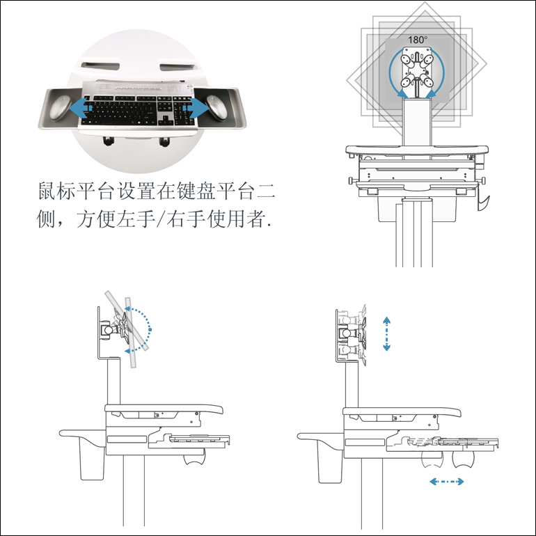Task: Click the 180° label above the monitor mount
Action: click(x=418, y=40)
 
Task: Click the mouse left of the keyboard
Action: click(x=60, y=108)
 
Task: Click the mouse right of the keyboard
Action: click(x=216, y=108)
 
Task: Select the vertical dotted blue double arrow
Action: click(x=386, y=333)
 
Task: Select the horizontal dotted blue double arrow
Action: click(x=447, y=482)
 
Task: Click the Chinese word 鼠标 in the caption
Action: click(x=56, y=191)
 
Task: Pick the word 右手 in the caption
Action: click(x=186, y=219)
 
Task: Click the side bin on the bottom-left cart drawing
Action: click(x=92, y=458)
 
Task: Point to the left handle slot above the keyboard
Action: click(x=100, y=65)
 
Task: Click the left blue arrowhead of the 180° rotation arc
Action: click(x=402, y=93)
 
